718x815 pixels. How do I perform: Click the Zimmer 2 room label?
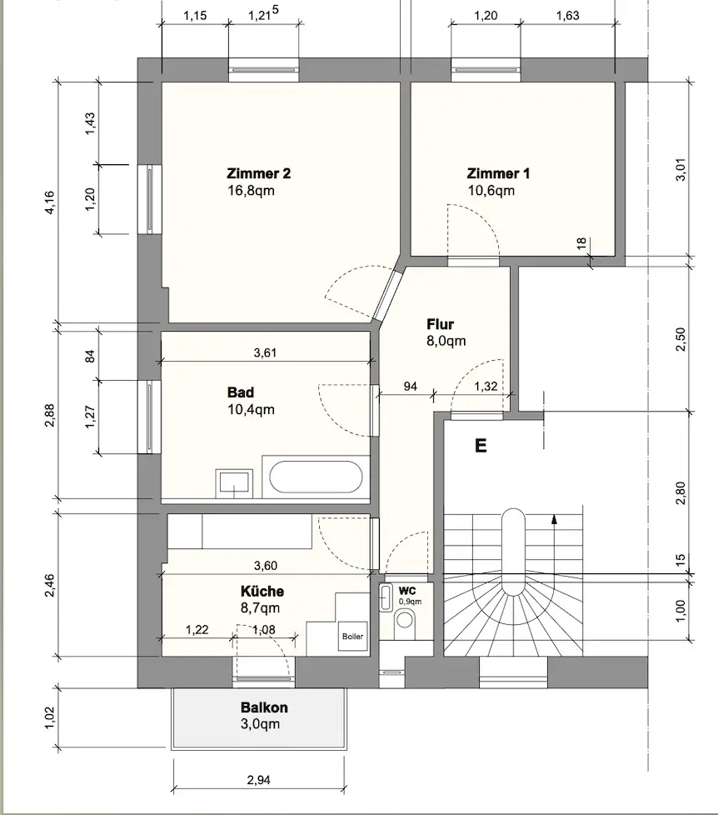(259, 173)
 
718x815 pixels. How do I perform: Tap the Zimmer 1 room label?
(498, 173)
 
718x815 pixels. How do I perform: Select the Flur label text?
(440, 324)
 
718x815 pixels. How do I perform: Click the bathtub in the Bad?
(316, 477)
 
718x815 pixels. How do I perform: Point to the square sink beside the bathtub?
(234, 482)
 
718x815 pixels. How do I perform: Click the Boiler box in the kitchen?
(353, 636)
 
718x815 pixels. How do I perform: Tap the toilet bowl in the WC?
(404, 621)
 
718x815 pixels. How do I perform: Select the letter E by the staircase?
(481, 446)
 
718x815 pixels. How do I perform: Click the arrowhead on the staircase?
(555, 518)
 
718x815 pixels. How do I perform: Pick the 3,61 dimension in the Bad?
(265, 353)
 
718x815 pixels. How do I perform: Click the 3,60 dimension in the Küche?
(266, 566)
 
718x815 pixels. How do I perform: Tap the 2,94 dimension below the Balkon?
(259, 780)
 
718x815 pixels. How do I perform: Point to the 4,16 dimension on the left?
(50, 202)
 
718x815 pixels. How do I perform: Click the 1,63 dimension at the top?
(568, 16)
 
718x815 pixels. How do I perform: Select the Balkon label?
(264, 707)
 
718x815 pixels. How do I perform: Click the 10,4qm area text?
(251, 409)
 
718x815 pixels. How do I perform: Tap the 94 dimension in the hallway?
(411, 387)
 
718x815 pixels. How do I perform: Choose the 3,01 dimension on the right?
(681, 169)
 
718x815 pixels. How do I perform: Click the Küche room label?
(262, 591)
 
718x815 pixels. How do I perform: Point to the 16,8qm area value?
(251, 190)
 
